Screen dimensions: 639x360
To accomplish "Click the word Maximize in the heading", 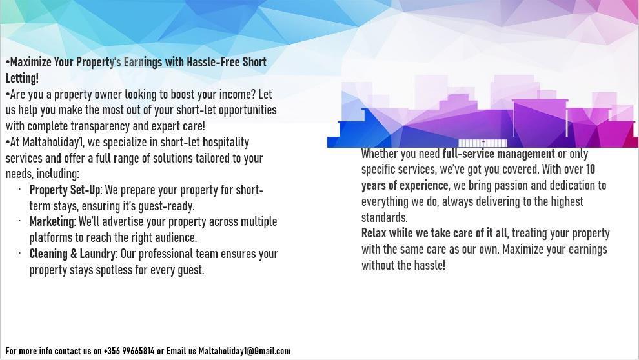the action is pyautogui.click(x=31, y=62).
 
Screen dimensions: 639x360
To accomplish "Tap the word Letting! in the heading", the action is pyautogui.click(x=22, y=78).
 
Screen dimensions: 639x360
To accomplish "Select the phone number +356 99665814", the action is pyautogui.click(x=129, y=351).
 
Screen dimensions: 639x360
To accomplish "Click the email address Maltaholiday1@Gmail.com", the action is pyautogui.click(x=245, y=351).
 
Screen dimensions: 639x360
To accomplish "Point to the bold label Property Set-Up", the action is pyautogui.click(x=65, y=190).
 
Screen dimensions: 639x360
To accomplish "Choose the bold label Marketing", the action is pyautogui.click(x=52, y=222).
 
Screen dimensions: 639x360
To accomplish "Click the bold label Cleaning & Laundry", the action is pyautogui.click(x=72, y=254).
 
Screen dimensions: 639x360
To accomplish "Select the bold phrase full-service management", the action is pyautogui.click(x=498, y=154).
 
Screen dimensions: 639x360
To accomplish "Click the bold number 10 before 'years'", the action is pyautogui.click(x=591, y=169).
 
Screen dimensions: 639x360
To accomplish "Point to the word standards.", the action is pyautogui.click(x=384, y=217).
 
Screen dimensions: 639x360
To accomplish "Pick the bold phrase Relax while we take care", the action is pyautogui.click(x=421, y=234).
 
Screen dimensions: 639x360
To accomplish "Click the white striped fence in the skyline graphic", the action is pyautogui.click(x=483, y=143).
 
